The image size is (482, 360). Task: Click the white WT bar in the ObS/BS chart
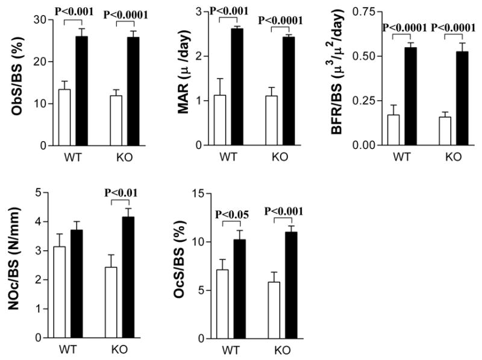[64, 118]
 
